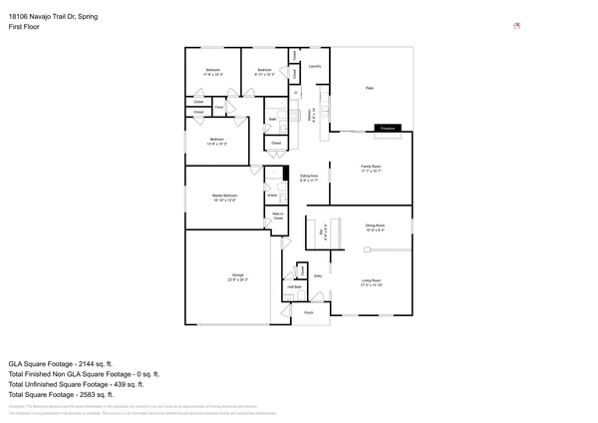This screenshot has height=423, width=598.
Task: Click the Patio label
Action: point(370,89)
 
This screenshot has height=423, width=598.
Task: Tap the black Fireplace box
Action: point(388,128)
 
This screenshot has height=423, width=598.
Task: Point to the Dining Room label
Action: point(375,228)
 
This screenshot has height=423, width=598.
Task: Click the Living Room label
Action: point(371,282)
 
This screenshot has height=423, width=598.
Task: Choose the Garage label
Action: point(238,276)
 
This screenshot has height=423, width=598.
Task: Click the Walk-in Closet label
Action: point(279,215)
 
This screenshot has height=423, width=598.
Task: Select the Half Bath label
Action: point(295,287)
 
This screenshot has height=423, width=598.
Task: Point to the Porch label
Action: point(308,313)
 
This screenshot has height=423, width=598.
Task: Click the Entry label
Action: point(318,275)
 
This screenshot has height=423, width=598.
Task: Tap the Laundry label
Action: point(315,66)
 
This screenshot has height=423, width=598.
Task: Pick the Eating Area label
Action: point(309,178)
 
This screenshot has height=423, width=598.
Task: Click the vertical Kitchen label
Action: point(313,115)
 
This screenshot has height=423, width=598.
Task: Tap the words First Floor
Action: point(23,28)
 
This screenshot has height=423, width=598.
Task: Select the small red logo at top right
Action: point(516,25)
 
